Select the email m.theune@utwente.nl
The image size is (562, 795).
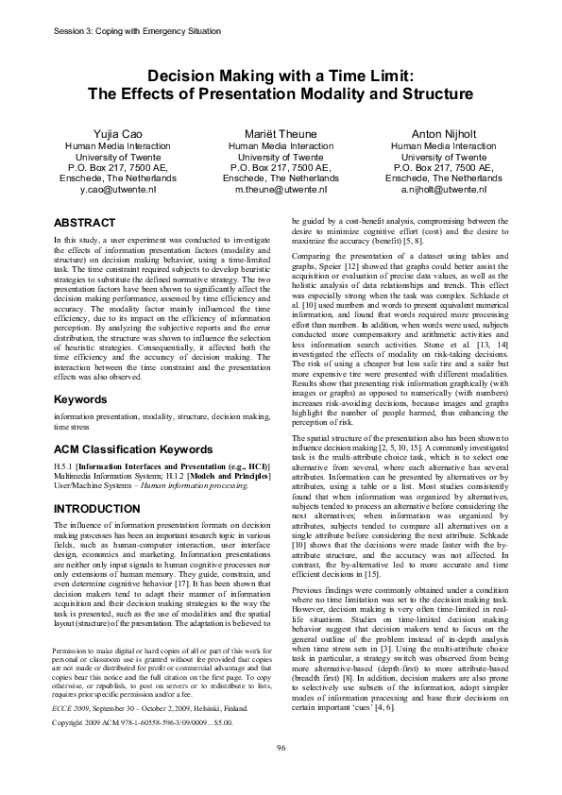point(281,189)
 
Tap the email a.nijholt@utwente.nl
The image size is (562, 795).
point(443,189)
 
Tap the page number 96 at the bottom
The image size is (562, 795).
point(281,774)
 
